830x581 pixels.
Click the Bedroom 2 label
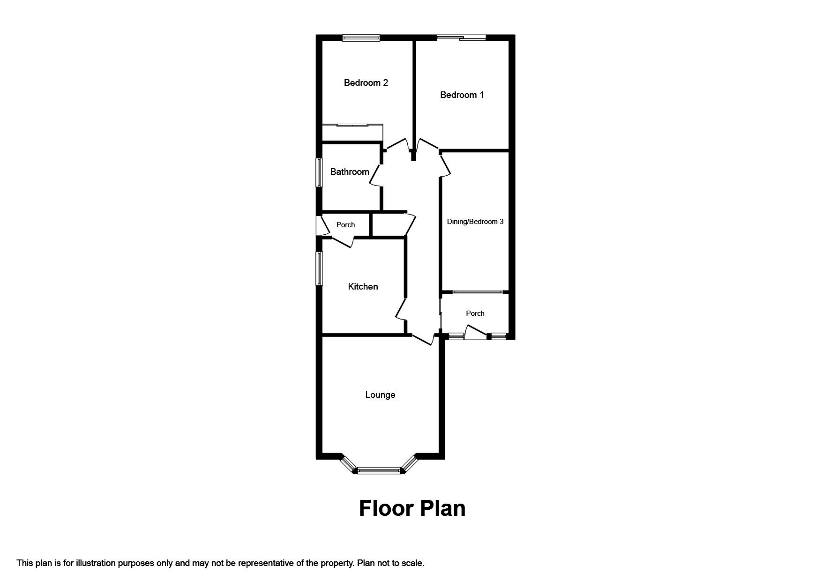(x=366, y=83)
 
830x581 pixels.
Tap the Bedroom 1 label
(x=462, y=95)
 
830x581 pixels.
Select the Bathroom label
(x=350, y=172)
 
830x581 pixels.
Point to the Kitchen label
(x=363, y=286)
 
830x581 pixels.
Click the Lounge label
(x=380, y=395)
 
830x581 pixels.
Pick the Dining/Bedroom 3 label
(x=475, y=222)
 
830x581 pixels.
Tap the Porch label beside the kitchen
(x=345, y=225)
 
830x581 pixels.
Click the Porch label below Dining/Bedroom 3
(x=475, y=313)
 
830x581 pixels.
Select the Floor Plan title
(x=412, y=508)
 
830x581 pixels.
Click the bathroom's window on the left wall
(x=319, y=172)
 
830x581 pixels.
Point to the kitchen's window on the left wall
(x=319, y=268)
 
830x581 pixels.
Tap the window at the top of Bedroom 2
(x=360, y=38)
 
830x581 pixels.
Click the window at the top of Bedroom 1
(x=462, y=38)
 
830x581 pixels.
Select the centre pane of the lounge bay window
(x=379, y=470)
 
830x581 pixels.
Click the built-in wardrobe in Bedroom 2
(x=352, y=133)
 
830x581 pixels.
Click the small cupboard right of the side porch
(x=389, y=225)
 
